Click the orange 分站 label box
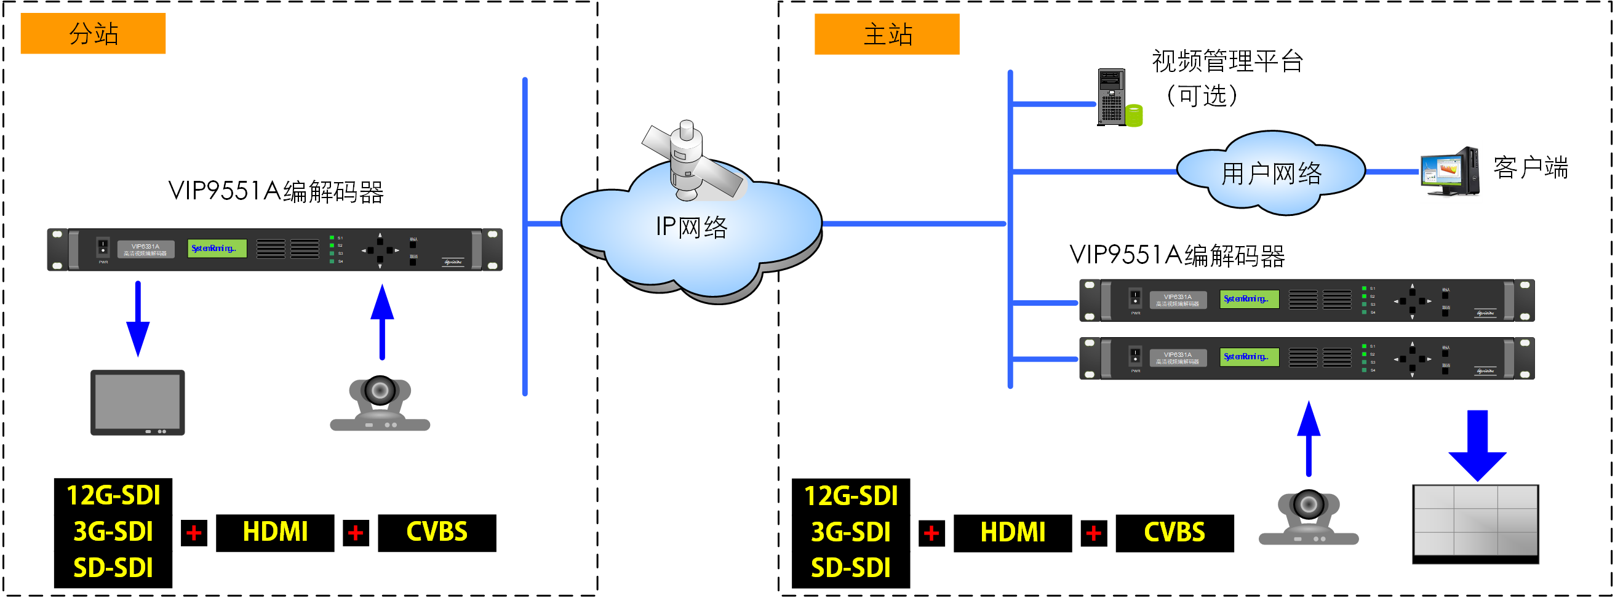pos(93,33)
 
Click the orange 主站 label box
pos(886,34)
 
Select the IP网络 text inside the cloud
pos(691,226)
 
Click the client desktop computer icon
pos(1450,171)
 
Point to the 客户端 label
pos(1529,167)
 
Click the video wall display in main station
pos(1475,523)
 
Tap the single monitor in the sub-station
pos(137,402)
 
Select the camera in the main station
pos(1308,516)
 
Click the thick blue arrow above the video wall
pos(1477,445)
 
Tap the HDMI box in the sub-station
pos(274,532)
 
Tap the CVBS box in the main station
pos(1174,533)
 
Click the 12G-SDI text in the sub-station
pos(113,495)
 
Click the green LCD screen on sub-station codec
pos(217,248)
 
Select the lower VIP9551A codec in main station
pos(1306,358)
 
